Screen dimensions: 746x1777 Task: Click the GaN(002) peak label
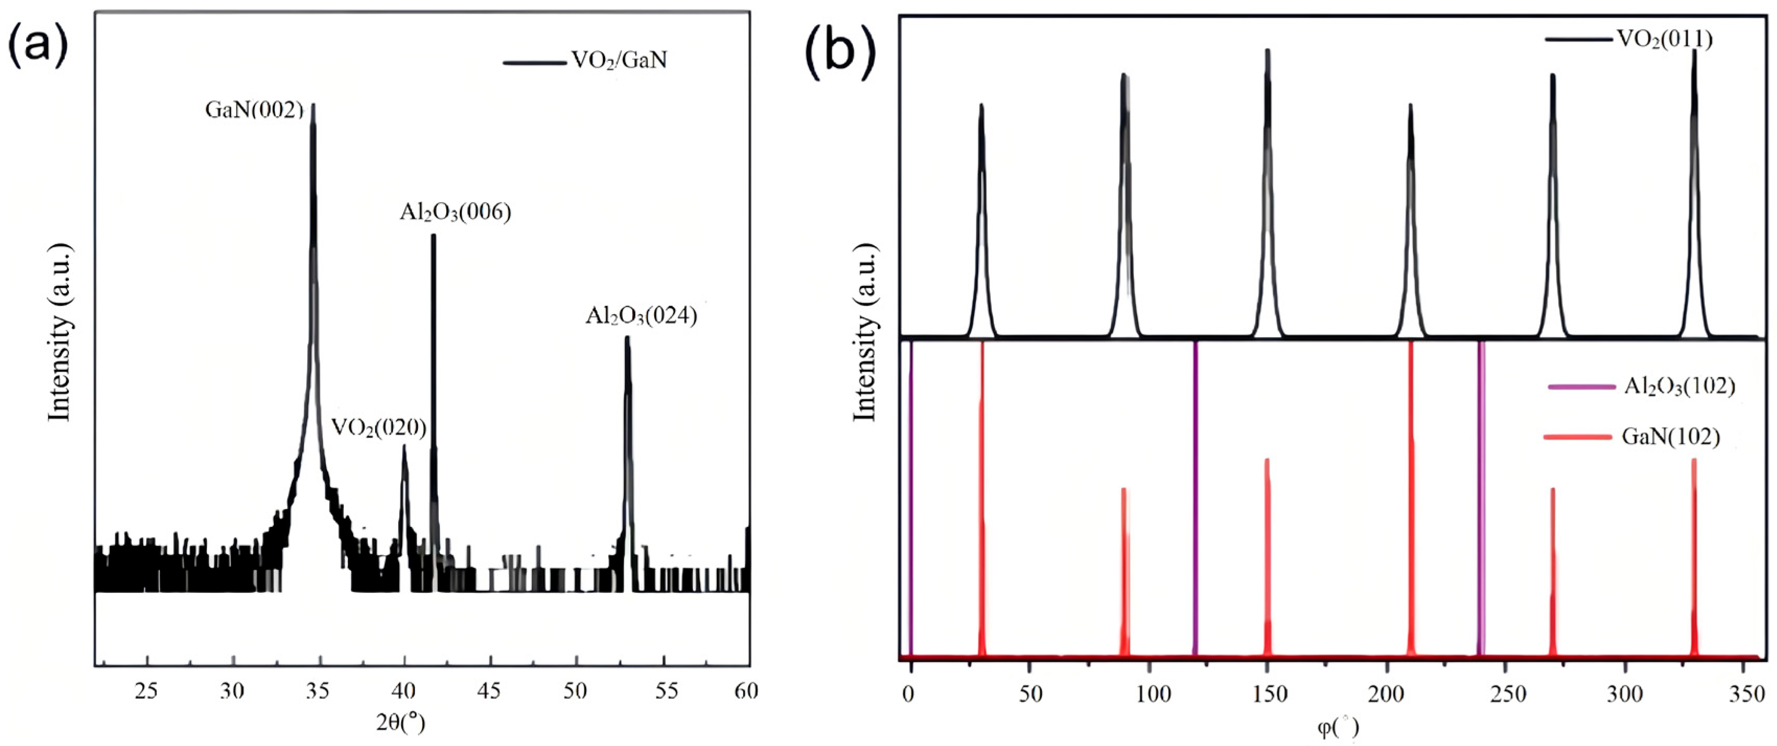pyautogui.click(x=254, y=110)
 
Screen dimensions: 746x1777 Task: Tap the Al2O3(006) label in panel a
pyautogui.click(x=455, y=213)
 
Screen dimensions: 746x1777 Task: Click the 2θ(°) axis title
pyautogui.click(x=400, y=722)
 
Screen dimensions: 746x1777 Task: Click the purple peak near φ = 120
pyautogui.click(x=1195, y=497)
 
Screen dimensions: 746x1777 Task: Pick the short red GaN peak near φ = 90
pyautogui.click(x=1124, y=573)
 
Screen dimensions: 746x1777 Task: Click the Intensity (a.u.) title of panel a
pyautogui.click(x=60, y=331)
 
